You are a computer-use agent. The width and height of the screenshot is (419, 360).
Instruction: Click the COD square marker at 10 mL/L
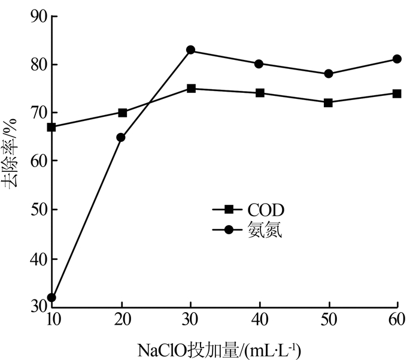(x=52, y=127)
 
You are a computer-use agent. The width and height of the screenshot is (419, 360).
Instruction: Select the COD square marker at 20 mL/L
(x=122, y=113)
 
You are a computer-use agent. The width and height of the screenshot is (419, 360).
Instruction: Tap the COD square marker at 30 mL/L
(x=191, y=89)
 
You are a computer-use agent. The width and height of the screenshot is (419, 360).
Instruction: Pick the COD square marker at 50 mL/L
(x=328, y=103)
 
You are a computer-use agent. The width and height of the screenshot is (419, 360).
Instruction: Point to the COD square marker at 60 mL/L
(x=397, y=93)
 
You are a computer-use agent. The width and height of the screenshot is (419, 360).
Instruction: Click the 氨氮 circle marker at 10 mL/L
(x=52, y=298)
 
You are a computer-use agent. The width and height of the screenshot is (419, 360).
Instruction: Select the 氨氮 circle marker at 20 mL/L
(x=122, y=137)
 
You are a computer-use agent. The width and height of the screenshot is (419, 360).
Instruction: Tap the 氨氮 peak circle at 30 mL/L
(x=191, y=50)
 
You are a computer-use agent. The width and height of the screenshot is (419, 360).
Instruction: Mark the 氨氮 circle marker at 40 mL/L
(x=259, y=64)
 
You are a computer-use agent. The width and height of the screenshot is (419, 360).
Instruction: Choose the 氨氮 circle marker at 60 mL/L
(x=397, y=59)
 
